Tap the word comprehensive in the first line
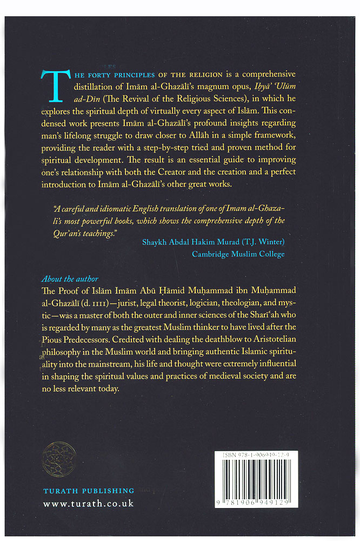(256, 74)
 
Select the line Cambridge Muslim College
(238, 254)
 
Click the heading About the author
(70, 279)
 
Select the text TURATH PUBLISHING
(89, 491)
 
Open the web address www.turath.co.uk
(88, 504)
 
